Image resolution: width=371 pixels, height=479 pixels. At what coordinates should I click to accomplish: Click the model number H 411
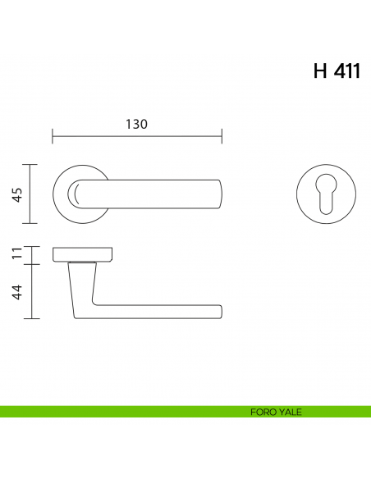pyautogui.click(x=336, y=71)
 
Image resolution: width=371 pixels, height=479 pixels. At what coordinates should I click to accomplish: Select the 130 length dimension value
pyautogui.click(x=136, y=125)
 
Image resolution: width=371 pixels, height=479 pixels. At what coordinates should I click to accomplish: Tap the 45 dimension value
pyautogui.click(x=17, y=194)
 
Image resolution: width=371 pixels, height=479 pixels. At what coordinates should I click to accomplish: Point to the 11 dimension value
pyautogui.click(x=17, y=255)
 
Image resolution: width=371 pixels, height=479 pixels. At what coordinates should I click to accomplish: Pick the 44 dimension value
pyautogui.click(x=17, y=291)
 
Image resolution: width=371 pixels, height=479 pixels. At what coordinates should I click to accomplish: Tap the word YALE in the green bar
pyautogui.click(x=290, y=412)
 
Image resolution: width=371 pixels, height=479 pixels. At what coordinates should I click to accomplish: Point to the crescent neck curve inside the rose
pyautogui.click(x=74, y=194)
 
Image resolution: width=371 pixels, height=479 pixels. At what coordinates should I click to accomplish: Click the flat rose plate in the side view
pyautogui.click(x=83, y=254)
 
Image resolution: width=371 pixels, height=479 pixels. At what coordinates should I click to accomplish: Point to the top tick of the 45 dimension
pyautogui.click(x=30, y=165)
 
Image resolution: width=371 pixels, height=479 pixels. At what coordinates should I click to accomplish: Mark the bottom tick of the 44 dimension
pyautogui.click(x=30, y=318)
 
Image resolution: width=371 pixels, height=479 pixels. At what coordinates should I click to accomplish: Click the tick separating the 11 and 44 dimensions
pyautogui.click(x=30, y=264)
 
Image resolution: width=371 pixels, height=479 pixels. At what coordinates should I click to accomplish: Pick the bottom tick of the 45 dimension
pyautogui.click(x=30, y=223)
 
